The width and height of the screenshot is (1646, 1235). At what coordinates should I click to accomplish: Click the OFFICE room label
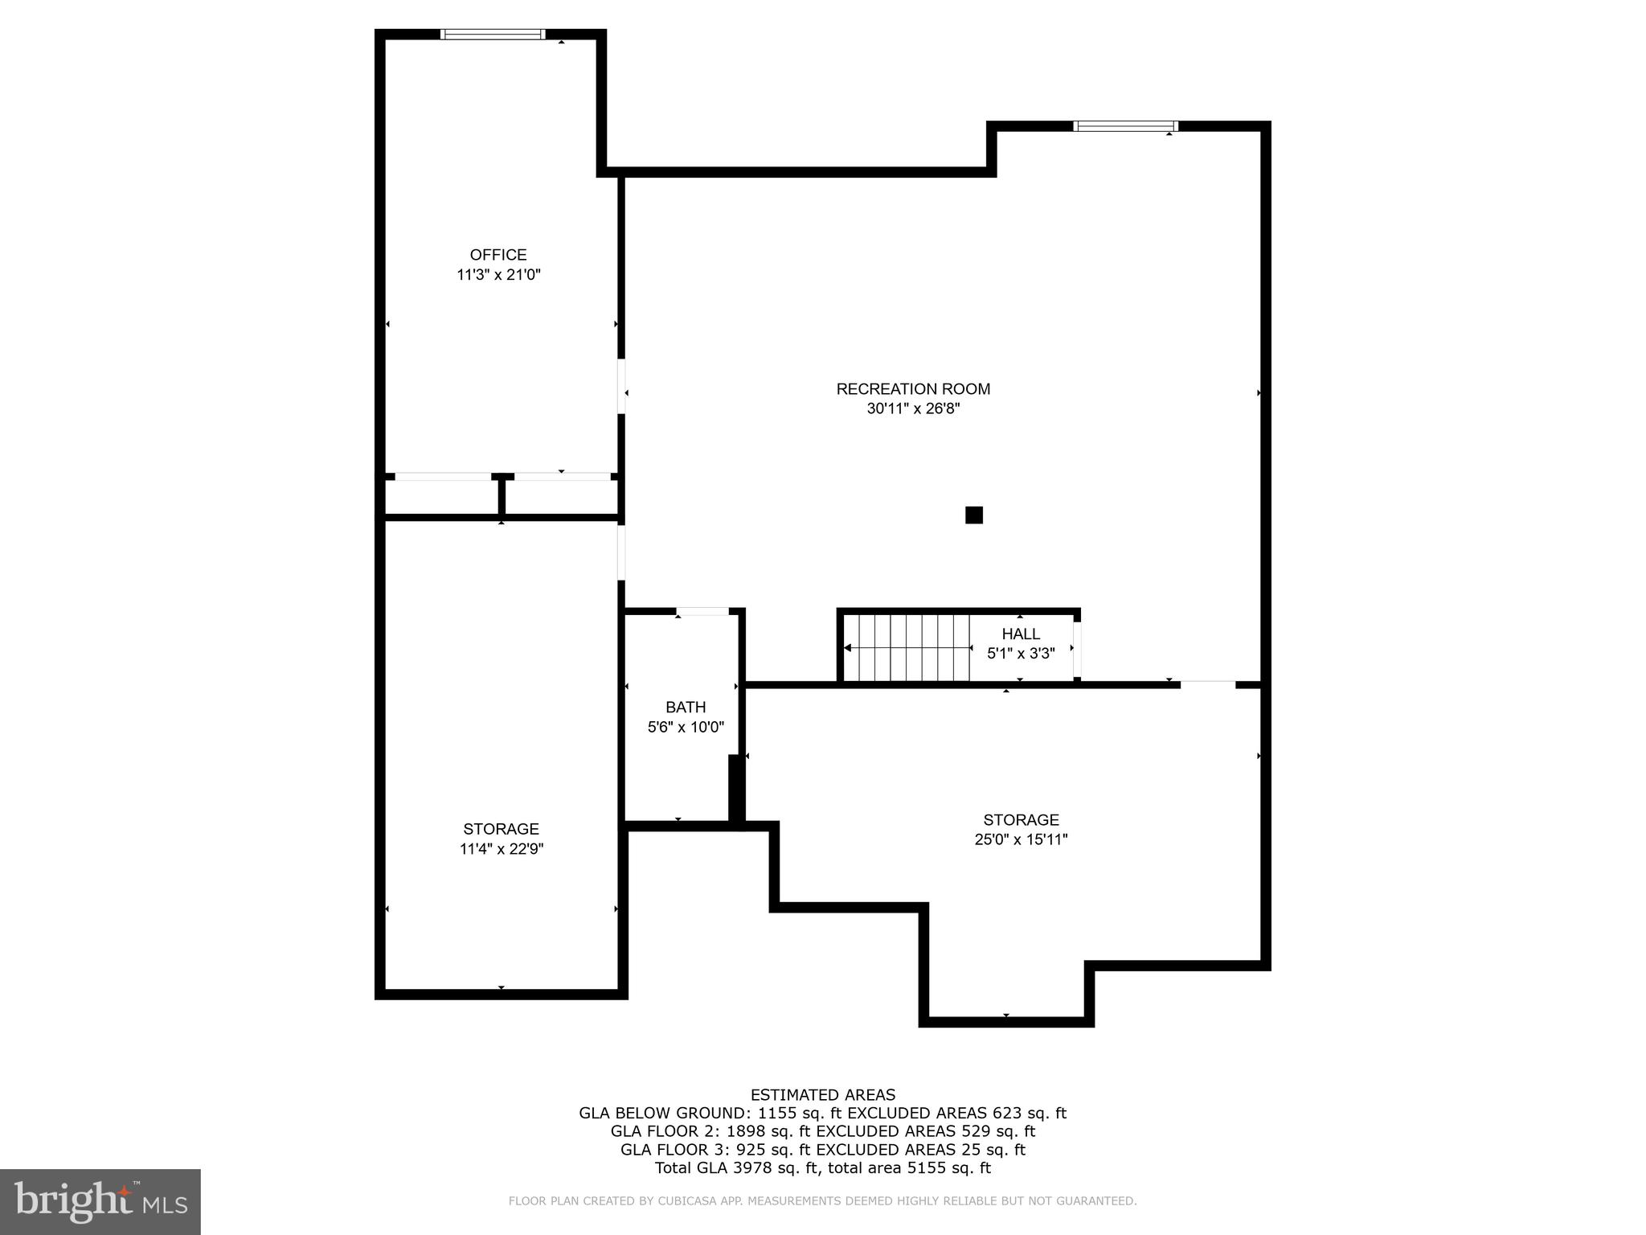click(498, 255)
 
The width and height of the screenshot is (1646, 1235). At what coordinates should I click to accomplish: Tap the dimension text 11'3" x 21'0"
click(498, 275)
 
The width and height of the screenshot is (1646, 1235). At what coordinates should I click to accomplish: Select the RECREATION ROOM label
click(913, 389)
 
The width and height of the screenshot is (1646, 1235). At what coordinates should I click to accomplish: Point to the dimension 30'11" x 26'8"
click(913, 408)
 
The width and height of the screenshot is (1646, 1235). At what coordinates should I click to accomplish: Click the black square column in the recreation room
click(973, 515)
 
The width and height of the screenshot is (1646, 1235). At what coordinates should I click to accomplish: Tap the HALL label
click(1021, 634)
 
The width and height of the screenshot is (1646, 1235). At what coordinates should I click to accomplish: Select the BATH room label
click(686, 708)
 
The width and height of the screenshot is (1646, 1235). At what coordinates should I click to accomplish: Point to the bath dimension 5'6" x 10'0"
click(686, 728)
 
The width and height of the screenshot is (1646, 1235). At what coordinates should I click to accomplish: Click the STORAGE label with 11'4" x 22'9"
click(501, 829)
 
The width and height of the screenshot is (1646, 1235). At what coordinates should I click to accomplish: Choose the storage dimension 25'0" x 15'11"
click(1021, 840)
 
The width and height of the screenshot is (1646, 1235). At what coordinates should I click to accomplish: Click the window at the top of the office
click(493, 35)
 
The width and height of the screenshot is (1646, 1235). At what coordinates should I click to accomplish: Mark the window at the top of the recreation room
click(1125, 126)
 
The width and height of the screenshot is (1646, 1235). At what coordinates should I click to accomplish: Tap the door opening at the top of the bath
click(702, 612)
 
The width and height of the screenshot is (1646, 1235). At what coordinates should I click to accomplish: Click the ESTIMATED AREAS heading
click(822, 1095)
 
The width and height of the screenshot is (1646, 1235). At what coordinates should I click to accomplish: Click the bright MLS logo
click(100, 1202)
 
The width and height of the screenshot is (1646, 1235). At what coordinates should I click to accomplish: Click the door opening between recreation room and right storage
click(1207, 684)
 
